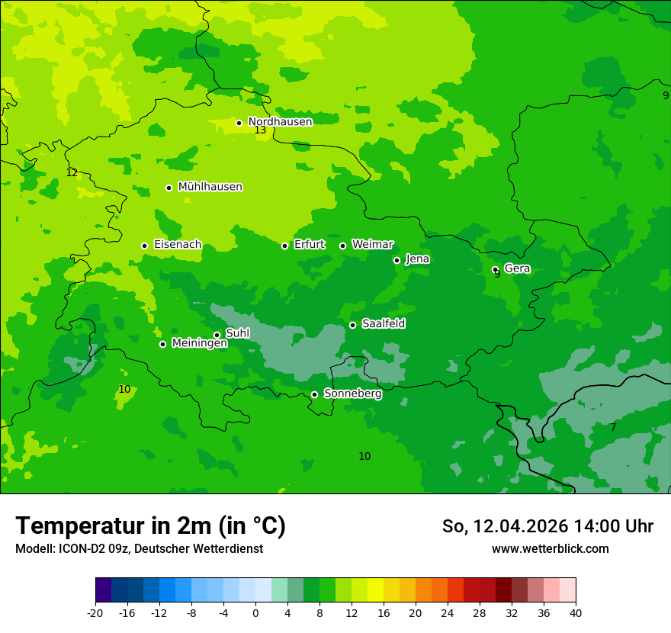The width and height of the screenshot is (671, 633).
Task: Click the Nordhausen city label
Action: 280,122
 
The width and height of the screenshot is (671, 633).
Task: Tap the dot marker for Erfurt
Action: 284,246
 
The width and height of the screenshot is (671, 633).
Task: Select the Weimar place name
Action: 372,245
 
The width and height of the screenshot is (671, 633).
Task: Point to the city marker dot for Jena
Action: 396,260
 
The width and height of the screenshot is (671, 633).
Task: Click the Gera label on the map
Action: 517,268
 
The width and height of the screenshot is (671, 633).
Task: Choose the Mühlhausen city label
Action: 210,187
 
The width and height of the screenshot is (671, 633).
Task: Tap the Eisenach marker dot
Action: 144,246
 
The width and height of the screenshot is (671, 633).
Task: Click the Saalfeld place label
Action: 383,324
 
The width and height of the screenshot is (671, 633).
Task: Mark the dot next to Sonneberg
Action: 314,394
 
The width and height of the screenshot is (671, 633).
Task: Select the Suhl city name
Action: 237,333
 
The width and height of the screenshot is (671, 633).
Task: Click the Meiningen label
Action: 199,343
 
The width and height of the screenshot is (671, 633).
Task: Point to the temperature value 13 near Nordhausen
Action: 260,130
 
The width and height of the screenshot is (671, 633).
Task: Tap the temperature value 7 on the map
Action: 613,428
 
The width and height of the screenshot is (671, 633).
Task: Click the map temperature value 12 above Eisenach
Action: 72,173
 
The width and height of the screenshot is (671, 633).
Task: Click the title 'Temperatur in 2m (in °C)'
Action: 150,526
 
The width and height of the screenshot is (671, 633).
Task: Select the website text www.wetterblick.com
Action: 550,549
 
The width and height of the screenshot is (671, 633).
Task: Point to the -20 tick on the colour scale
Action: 95,612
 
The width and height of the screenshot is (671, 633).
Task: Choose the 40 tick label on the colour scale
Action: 576,612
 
